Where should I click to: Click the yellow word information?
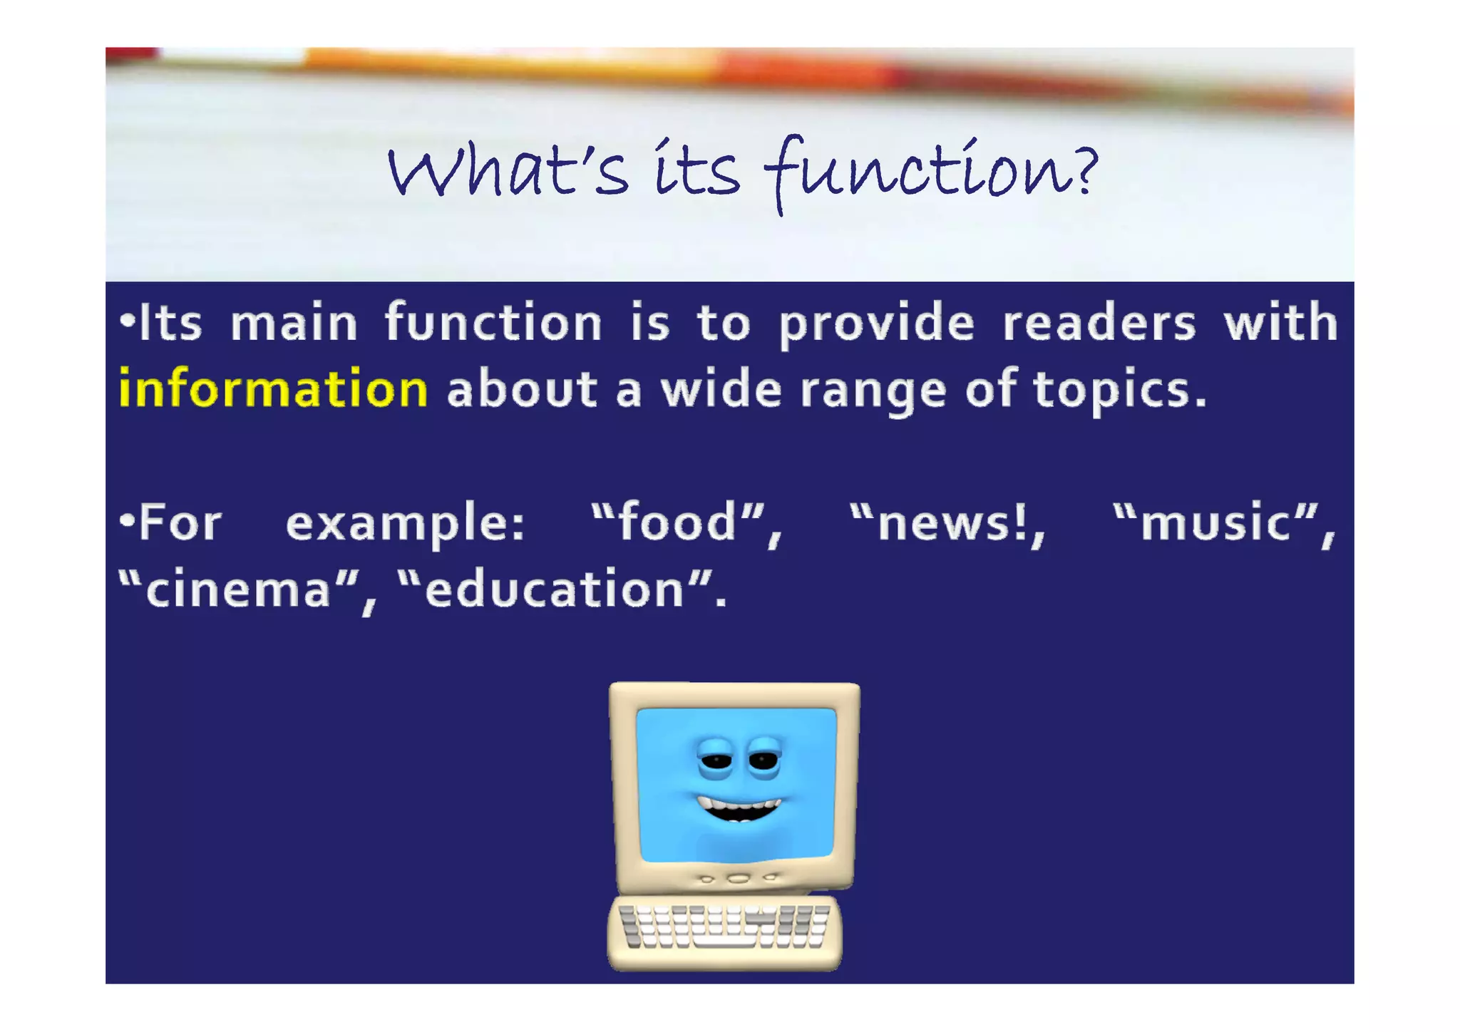tap(273, 389)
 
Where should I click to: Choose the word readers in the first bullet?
tap(1099, 323)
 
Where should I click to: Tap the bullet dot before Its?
tap(127, 320)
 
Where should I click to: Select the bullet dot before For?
tap(127, 520)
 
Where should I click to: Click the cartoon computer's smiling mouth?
tap(739, 810)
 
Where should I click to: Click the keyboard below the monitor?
tap(724, 929)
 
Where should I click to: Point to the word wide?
tap(721, 390)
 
